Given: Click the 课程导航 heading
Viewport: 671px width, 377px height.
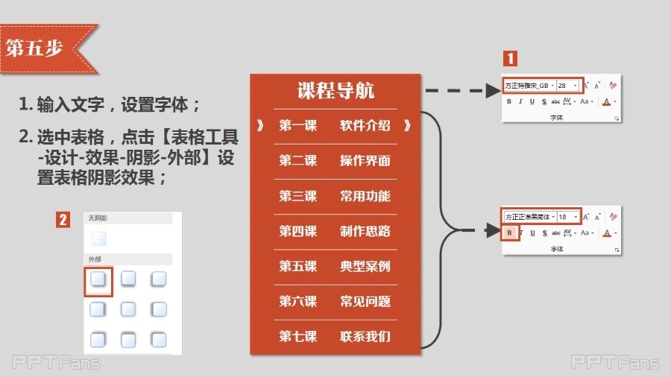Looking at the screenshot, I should [x=335, y=91].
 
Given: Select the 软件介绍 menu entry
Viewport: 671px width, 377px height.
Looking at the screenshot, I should [x=365, y=125].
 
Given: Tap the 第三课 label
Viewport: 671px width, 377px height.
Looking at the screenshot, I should [x=297, y=196].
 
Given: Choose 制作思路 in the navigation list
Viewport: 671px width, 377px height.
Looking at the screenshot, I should [x=365, y=231].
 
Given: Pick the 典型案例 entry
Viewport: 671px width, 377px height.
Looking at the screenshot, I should [x=365, y=266].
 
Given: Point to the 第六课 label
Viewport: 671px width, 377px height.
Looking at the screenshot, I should [x=297, y=301].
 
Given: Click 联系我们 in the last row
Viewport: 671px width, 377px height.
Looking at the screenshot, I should [x=365, y=336].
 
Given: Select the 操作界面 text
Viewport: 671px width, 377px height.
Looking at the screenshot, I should [x=365, y=161].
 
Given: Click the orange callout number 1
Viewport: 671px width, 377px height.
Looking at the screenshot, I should [x=510, y=59].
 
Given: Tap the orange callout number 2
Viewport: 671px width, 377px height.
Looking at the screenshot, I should [x=64, y=220].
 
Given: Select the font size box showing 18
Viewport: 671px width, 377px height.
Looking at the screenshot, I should [x=567, y=217].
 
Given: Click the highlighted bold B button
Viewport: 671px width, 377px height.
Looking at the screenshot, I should [x=509, y=233].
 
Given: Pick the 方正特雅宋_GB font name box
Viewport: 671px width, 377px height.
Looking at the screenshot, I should [x=529, y=86].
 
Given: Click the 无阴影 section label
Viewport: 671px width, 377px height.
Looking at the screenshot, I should [x=98, y=218].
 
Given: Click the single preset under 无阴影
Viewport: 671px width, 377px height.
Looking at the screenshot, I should [x=99, y=239].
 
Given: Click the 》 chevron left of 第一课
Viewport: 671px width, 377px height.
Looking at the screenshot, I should [x=260, y=125].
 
